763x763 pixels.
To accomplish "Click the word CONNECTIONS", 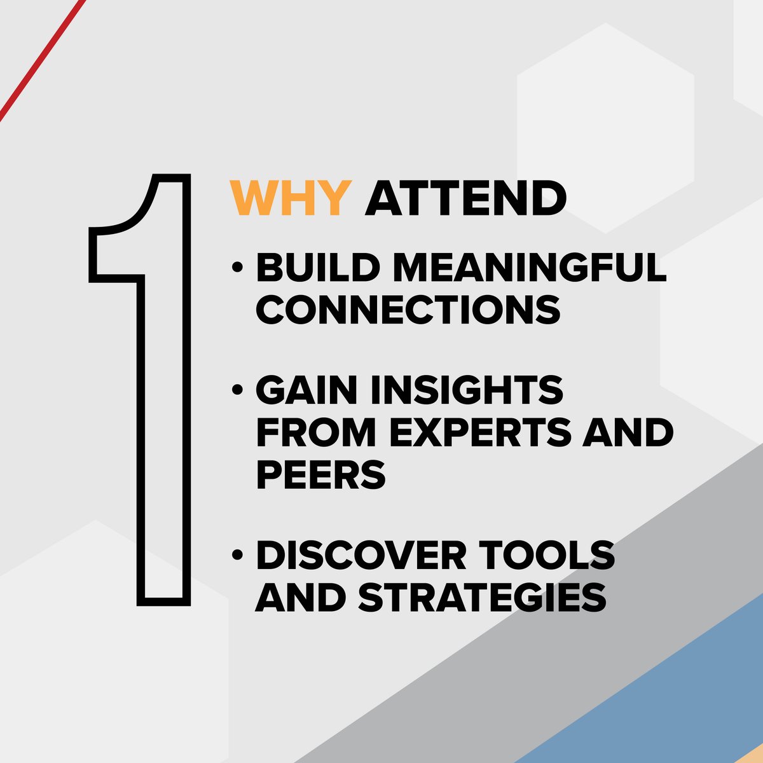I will click(x=408, y=309).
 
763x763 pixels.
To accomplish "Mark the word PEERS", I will click(x=320, y=474).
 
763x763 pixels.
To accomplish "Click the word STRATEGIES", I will click(x=481, y=596).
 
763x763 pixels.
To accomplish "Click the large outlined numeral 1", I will click(x=164, y=413).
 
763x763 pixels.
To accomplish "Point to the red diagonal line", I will click(x=41, y=60).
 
